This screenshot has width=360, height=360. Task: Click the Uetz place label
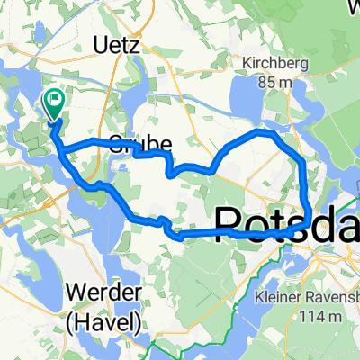(118, 44)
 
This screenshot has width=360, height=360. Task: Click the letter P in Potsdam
(231, 223)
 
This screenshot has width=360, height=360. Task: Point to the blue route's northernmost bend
(264, 131)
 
